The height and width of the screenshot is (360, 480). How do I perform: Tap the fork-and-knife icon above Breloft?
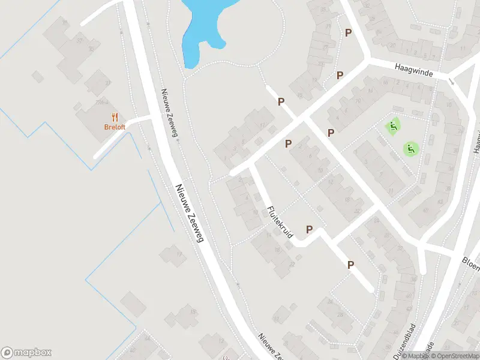pos(114,117)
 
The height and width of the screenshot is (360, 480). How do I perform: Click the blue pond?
pos(201,27)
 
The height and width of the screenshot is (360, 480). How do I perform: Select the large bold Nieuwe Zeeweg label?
pos(190,213)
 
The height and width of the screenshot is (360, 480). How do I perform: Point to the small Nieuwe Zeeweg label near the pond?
pos(169,113)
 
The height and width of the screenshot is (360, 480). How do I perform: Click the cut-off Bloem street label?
pos(470,263)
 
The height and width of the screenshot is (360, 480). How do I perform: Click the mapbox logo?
pos(26,353)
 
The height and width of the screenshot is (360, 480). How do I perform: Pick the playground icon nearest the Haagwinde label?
pos(392,127)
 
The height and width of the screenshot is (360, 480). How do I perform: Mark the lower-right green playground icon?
pos(410,148)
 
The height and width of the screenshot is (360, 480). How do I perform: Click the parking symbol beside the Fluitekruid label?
pos(310,229)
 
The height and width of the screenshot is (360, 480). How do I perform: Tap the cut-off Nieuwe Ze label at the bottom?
pos(269,346)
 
